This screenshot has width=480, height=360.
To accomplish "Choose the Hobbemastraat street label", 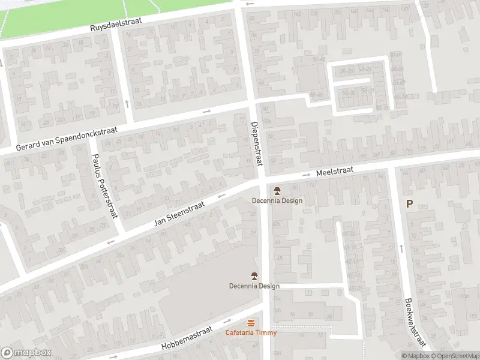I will (187, 341).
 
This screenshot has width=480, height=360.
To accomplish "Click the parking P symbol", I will (409, 203).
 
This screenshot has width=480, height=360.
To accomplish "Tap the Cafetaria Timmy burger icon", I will (251, 323).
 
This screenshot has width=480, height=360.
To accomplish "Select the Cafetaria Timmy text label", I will (251, 332).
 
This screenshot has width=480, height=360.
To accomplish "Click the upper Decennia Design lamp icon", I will (277, 191).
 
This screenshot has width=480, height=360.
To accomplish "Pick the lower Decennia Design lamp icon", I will (254, 277).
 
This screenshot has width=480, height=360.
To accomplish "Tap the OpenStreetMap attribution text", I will (457, 356).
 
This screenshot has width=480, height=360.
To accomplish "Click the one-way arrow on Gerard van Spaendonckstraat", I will (206, 111).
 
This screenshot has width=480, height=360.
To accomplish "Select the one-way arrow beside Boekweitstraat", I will (400, 247).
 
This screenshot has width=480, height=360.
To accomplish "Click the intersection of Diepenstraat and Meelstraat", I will (263, 179).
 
